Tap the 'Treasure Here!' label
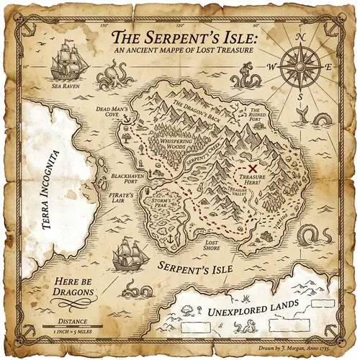click(x=253, y=180)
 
